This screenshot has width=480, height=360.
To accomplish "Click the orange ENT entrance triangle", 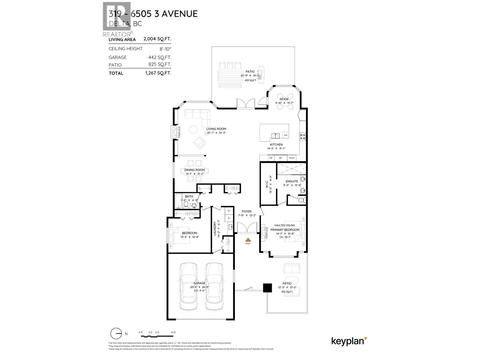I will tap(248, 240).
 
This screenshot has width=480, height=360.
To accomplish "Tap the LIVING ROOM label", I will tap(216, 129).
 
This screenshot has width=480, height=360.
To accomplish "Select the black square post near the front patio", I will tap(267, 288).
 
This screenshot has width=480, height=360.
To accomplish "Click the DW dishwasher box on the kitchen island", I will tap(286, 135).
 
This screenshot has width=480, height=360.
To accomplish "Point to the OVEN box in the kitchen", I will tap(292, 158).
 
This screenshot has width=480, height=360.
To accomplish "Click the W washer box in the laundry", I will tap(229, 211).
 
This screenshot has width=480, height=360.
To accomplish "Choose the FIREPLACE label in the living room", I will tap(179, 132).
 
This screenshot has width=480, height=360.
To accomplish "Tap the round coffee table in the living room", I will tap(193, 130).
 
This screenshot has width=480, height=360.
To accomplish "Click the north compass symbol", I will tap(116, 334).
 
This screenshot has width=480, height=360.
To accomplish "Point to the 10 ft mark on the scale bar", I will tap(173, 332).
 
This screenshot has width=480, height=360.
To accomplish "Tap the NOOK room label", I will tap(284, 99).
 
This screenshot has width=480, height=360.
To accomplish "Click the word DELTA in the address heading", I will tap(118, 24).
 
